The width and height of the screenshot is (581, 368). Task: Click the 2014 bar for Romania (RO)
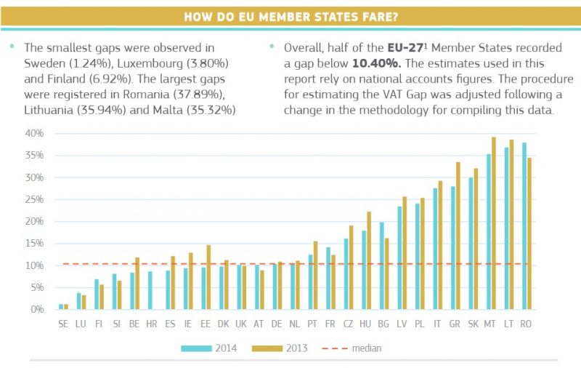click(524, 225)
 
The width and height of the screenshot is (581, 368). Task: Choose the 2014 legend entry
click(210, 348)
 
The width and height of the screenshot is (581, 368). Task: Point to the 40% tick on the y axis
click(34, 133)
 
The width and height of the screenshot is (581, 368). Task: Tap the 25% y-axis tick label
click(34, 199)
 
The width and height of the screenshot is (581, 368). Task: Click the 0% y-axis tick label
click(36, 309)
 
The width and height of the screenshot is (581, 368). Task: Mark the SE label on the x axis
click(63, 324)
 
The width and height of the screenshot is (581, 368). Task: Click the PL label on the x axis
click(418, 324)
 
